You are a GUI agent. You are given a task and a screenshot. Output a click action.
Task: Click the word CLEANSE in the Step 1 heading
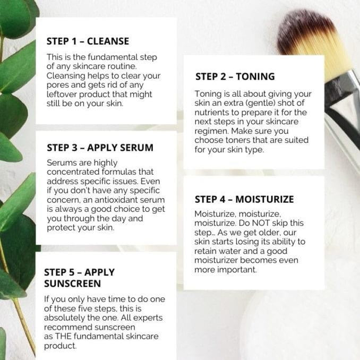[108, 41]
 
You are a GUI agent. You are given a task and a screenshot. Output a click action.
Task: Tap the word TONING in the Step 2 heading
[255, 76]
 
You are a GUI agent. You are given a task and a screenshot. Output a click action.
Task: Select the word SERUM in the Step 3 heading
[136, 148]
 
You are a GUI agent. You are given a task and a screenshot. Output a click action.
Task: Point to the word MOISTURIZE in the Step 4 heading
[264, 199]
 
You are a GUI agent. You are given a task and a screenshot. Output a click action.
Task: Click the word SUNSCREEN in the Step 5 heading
[73, 284]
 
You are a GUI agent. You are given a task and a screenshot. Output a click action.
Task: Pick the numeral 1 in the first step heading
[74, 41]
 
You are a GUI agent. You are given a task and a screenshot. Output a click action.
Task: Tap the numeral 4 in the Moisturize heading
[222, 199]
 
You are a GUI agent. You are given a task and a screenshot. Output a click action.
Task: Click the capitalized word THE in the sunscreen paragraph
[63, 336]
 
